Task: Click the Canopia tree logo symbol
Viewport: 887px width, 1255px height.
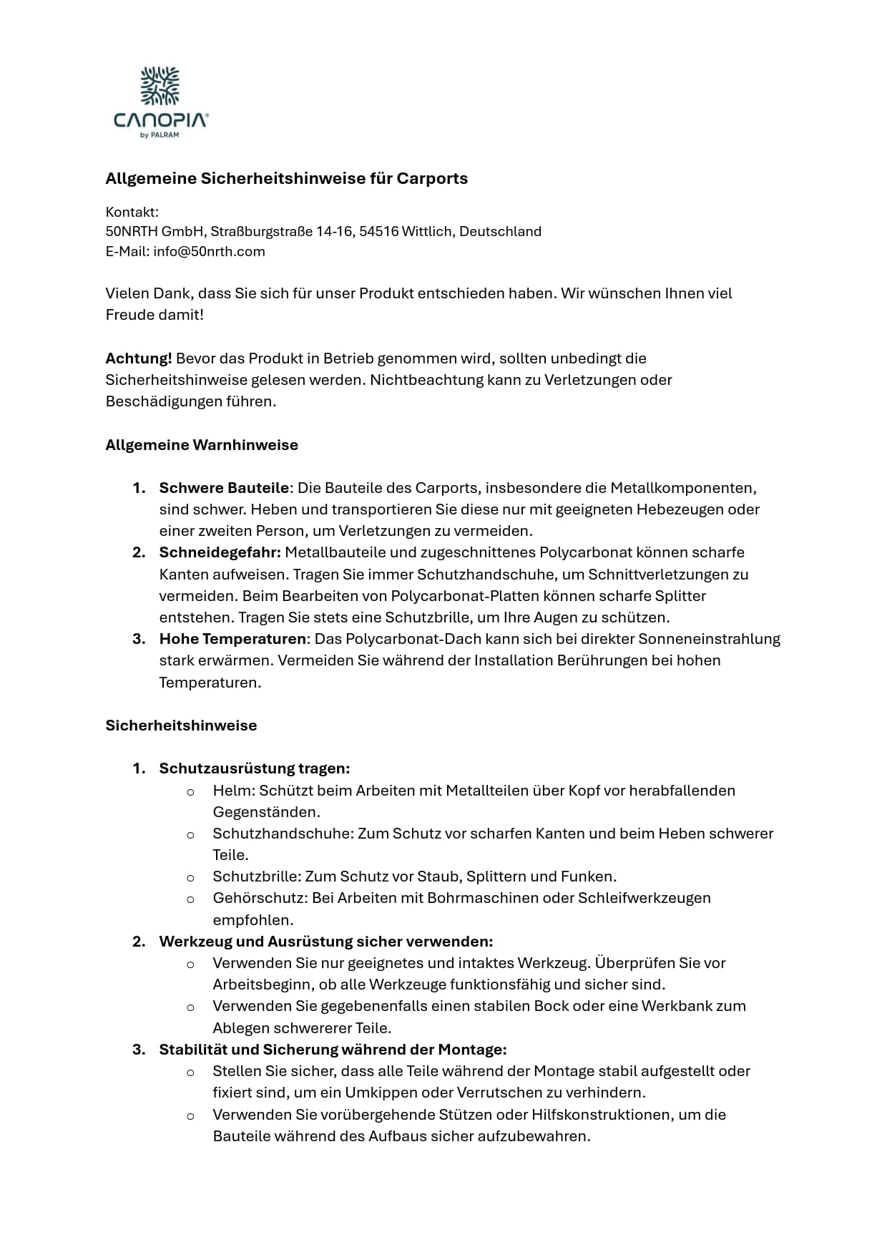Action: coord(160,87)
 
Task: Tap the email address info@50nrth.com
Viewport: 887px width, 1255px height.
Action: coord(209,252)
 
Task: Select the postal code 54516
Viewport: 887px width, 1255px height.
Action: coord(378,232)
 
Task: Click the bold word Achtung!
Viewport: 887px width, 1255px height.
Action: coord(139,358)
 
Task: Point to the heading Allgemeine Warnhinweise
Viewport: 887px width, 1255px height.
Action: coord(202,445)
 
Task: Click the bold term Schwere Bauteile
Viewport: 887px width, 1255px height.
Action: coord(224,488)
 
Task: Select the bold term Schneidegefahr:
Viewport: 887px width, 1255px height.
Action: coord(220,552)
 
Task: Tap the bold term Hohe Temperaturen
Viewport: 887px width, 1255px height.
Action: coord(232,639)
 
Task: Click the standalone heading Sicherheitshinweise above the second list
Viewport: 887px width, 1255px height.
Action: coord(181,726)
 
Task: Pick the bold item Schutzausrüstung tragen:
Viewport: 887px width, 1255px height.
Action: coord(254,768)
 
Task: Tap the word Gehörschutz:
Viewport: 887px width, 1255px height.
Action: coord(260,898)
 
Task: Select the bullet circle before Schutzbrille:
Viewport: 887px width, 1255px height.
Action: coord(190,877)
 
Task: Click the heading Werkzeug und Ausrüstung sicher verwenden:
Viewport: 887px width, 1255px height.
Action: coord(325,942)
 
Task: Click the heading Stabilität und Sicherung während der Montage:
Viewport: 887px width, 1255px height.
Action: coord(333,1050)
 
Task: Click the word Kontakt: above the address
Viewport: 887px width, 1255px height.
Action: coord(132,212)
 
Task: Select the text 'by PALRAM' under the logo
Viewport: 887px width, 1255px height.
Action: coord(160,135)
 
